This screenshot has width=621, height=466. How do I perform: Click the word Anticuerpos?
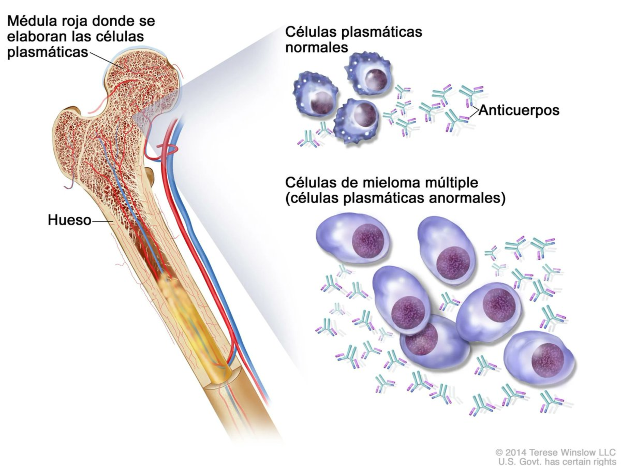tap(519, 110)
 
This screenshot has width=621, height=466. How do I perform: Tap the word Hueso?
tap(69, 220)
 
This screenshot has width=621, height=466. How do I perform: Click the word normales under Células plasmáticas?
tap(316, 48)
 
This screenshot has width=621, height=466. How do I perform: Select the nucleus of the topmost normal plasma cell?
tap(377, 80)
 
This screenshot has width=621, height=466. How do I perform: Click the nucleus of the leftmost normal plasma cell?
tap(322, 103)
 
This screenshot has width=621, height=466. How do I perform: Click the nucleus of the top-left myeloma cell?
tap(368, 241)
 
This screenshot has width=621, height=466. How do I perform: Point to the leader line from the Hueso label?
tap(102, 221)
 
